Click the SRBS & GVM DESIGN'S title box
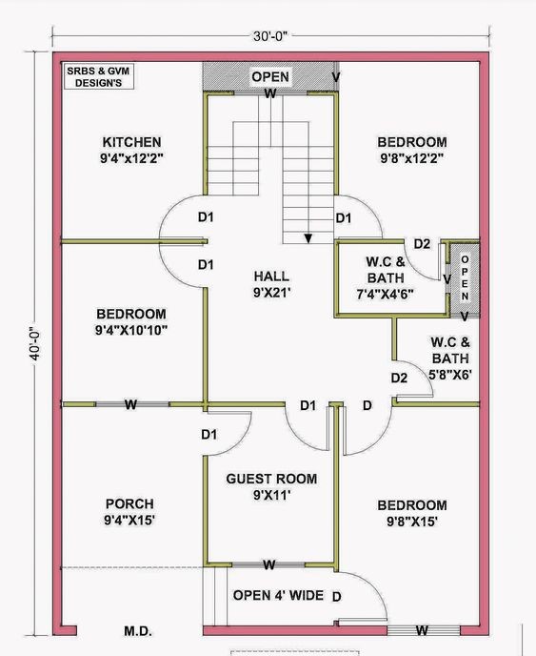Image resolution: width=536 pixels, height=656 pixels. coord(99,77)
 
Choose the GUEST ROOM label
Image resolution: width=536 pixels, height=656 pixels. coord(270,486)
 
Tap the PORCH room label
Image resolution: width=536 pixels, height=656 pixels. coord(130,512)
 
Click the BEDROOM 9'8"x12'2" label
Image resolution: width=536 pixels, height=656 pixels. coord(412,149)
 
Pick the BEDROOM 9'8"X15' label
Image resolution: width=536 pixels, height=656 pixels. coord(411,513)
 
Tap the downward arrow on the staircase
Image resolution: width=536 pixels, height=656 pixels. coord(308,239)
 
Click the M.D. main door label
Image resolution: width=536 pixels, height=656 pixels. coord(139,631)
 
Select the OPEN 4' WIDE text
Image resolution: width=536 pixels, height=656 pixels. coord(278,596)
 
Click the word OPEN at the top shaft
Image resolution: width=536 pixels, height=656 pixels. coord(270,76)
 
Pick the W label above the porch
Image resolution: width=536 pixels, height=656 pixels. coord(130,405)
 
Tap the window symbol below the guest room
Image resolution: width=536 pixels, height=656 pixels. coord(269,564)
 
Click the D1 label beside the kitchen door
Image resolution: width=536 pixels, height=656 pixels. coord(205,217)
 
